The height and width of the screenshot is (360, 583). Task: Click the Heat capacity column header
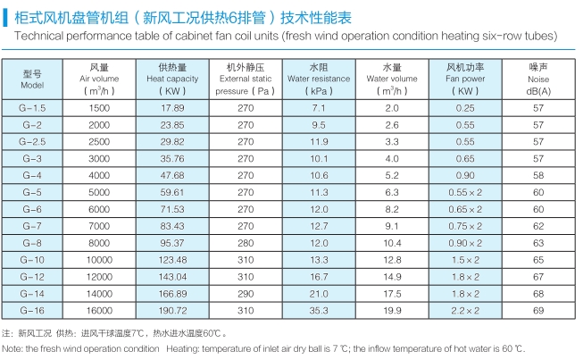[172, 79]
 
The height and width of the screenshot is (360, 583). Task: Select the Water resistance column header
[319, 79]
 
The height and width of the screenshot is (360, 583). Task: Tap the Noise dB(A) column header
[537, 79]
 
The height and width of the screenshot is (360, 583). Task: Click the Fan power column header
[464, 79]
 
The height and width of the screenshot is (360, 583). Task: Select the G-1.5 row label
[32, 107]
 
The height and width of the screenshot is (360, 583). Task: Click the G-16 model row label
[32, 308]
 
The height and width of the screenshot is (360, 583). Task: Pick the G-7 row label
[32, 225]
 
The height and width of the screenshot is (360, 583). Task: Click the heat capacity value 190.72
[172, 308]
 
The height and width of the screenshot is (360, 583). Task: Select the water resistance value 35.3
[319, 308]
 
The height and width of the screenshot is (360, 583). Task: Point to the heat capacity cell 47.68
[172, 175]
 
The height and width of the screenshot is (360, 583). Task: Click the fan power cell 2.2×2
[464, 308]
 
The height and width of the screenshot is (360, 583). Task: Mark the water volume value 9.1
[391, 225]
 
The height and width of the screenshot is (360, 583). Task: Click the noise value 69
[537, 308]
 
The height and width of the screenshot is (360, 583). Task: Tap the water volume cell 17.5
[391, 292]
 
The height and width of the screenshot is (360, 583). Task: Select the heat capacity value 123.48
[172, 258]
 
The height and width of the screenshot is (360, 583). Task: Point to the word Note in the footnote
[12, 348]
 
